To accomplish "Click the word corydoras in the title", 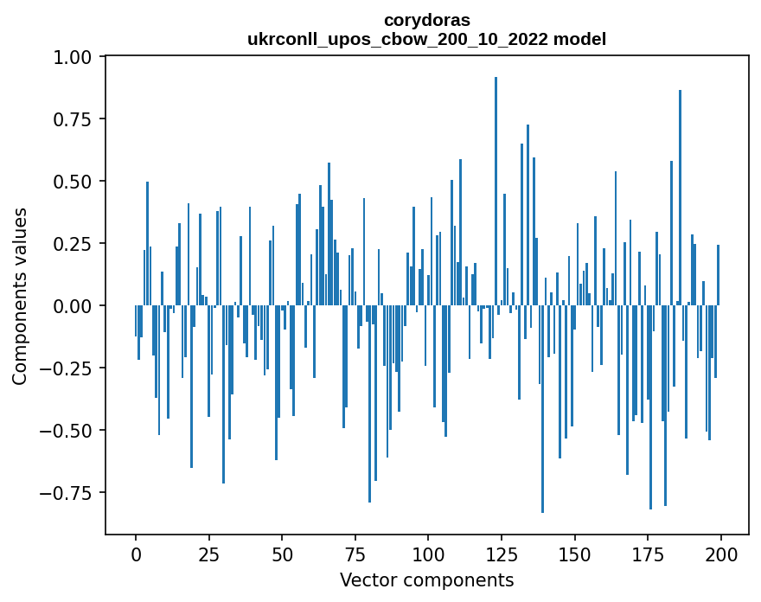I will pos(426,19).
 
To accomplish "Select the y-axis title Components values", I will pos(20,296).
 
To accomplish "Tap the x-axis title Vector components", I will pos(426,580).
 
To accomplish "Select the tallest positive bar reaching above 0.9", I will pos(496,190).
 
